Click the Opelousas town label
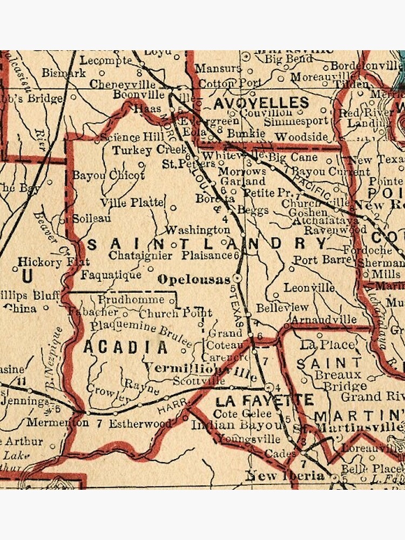[194, 280]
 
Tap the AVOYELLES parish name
[261, 103]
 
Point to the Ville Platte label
[131, 202]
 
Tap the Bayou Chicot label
[109, 175]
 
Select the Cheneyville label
[118, 84]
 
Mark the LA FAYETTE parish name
[264, 401]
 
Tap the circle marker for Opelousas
[237, 278]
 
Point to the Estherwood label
[140, 424]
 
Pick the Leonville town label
[309, 288]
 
